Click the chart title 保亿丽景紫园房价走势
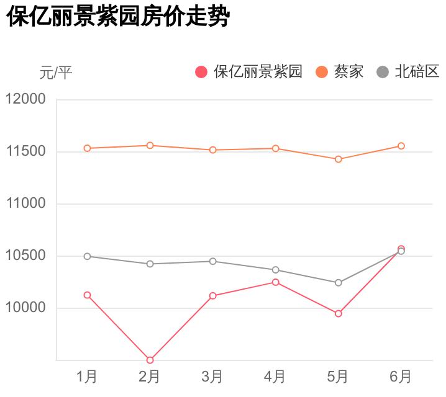(119, 17)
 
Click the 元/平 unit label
(56, 73)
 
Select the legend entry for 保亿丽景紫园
(249, 72)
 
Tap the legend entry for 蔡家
(340, 72)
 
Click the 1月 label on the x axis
(87, 377)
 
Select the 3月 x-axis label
(212, 377)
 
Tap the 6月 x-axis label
(401, 377)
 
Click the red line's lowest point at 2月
(150, 360)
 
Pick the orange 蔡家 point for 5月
(339, 159)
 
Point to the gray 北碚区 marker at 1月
(87, 256)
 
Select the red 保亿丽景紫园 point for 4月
(275, 282)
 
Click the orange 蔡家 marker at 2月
(150, 145)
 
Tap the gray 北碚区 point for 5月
(339, 283)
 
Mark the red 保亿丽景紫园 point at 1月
(87, 295)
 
